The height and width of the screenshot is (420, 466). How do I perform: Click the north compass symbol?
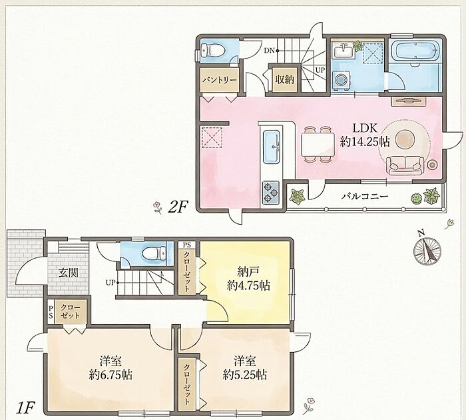427,249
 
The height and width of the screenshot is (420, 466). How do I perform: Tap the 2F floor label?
178,207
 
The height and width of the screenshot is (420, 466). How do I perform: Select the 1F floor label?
25,408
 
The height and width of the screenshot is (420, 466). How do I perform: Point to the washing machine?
341,80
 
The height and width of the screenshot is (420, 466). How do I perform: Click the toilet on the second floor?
212,50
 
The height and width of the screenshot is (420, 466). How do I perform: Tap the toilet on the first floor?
154,253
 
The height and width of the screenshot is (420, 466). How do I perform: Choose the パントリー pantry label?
219,81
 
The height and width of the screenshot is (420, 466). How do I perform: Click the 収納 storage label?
284,79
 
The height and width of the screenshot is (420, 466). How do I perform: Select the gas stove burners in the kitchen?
270,192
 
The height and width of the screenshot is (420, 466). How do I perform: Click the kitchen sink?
271,147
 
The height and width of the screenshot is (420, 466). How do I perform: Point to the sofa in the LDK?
405,165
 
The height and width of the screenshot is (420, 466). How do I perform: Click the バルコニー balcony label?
365,196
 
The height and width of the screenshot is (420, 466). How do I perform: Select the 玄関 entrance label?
68,273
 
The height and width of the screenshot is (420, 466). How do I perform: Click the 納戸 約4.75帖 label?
248,279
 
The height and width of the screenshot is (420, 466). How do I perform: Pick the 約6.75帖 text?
111,375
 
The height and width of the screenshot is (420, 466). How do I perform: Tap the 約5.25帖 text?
244,375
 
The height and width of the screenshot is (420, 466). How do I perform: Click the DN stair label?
269,50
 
